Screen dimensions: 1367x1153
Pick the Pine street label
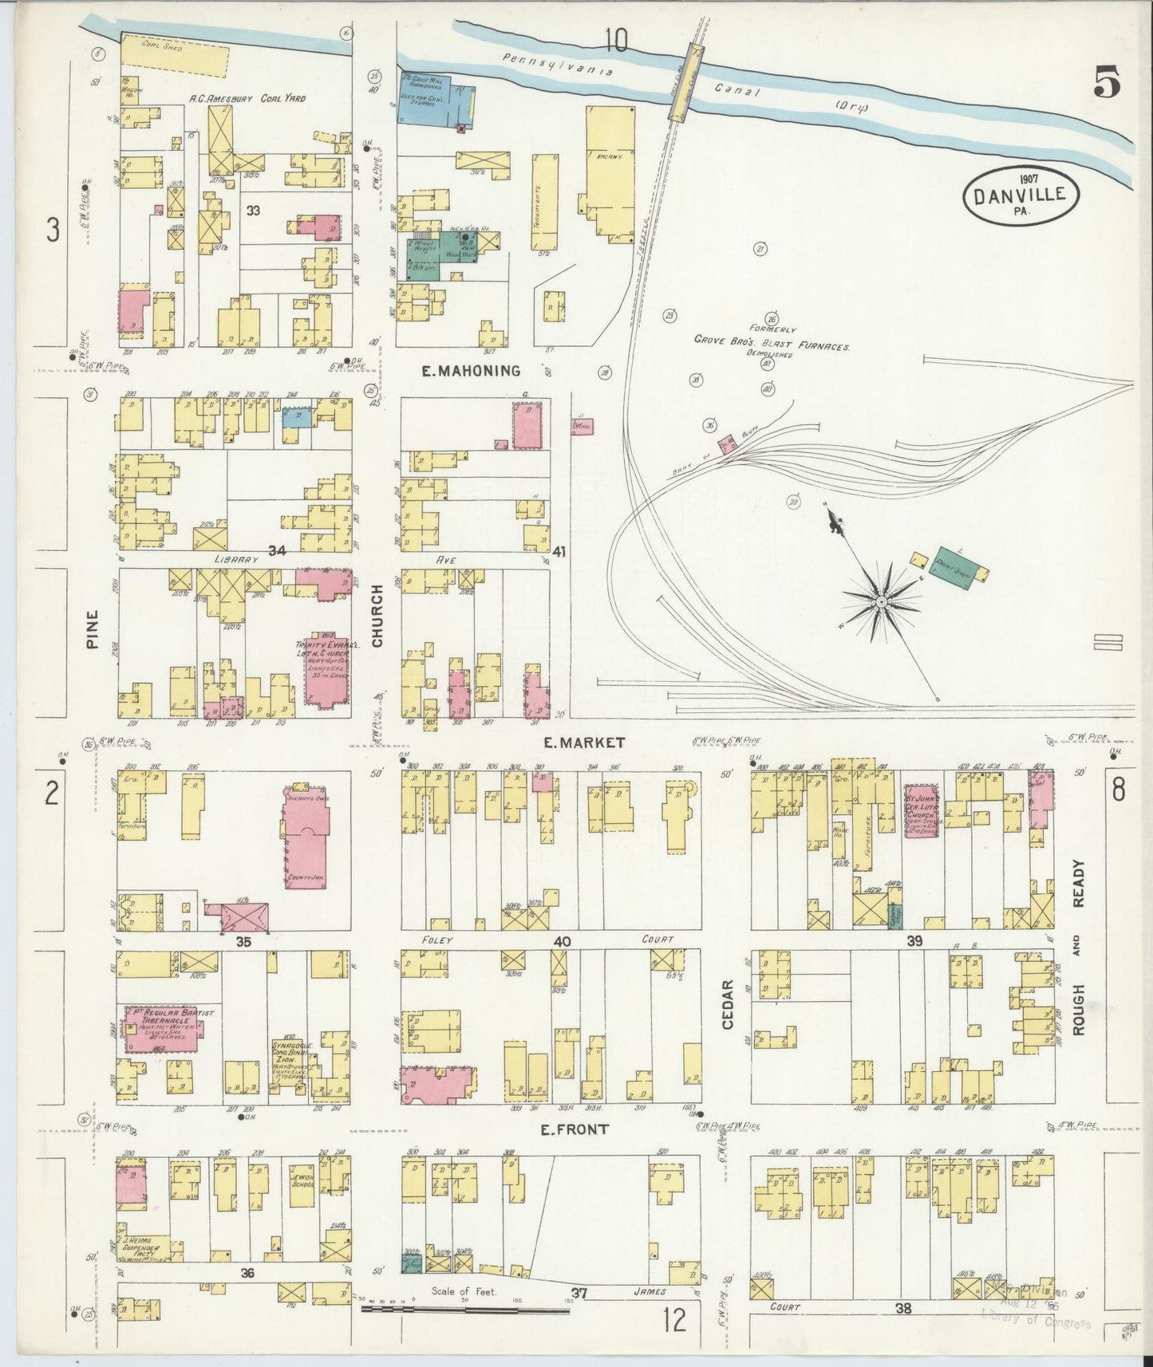point(93,628)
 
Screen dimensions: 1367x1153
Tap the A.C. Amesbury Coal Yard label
point(247,100)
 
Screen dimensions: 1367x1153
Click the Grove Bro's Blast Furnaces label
point(770,347)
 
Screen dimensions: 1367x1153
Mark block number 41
point(559,551)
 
